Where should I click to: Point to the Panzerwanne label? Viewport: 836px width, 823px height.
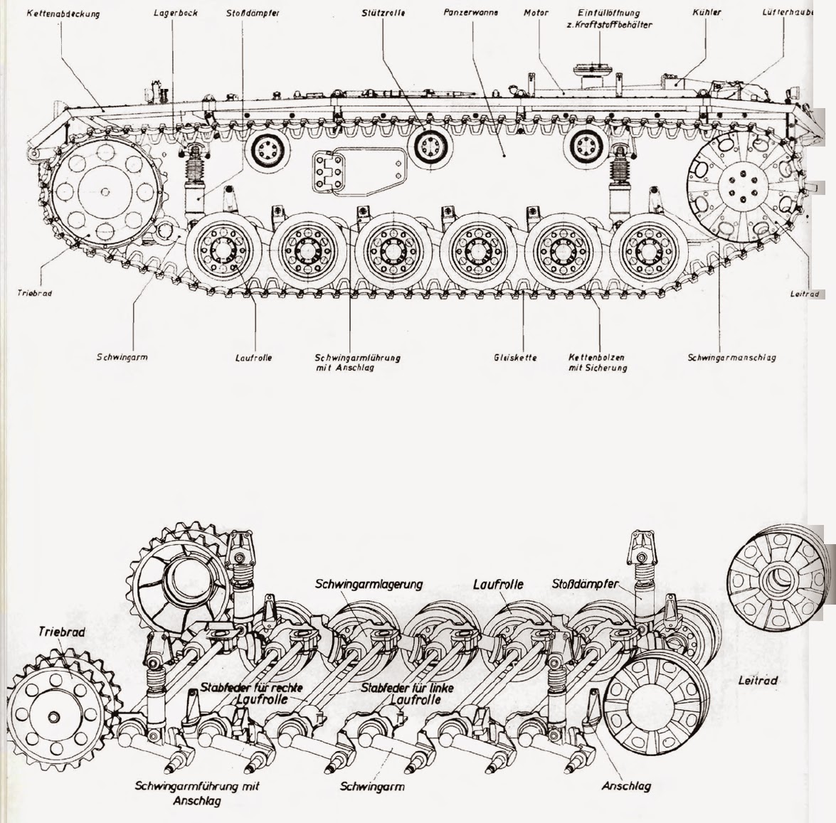click(470, 13)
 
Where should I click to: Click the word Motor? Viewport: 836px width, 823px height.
click(536, 13)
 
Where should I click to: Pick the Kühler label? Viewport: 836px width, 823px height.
click(706, 13)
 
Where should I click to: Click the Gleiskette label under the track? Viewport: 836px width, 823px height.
click(515, 358)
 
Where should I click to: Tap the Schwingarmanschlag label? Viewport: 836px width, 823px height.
click(731, 358)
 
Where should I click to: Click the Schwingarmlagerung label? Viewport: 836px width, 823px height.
click(369, 584)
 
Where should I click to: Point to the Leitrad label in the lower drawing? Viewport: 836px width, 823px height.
click(757, 681)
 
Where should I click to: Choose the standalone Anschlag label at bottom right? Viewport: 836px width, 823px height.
click(626, 786)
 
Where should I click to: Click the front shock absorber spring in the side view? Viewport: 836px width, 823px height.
click(194, 171)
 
